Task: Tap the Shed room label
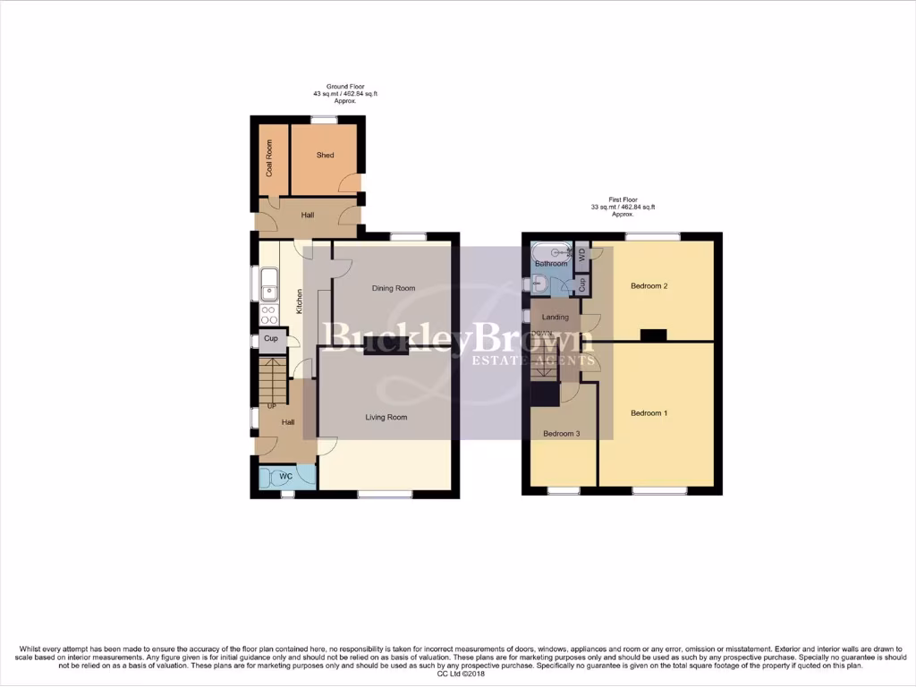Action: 325,156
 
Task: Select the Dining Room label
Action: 394,289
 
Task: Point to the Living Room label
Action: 386,417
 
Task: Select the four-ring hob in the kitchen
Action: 267,314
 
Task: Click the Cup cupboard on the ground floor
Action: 270,339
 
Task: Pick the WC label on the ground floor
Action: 285,476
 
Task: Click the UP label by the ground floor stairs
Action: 271,407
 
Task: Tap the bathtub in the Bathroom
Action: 551,251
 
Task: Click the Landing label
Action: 555,318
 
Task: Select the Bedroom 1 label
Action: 649,413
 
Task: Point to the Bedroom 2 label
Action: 649,286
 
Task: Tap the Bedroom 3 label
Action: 562,434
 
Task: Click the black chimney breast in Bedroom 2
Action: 653,335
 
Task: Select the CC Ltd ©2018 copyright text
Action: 461,674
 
